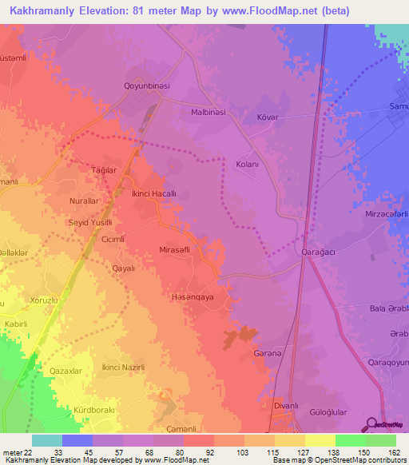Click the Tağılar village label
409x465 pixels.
pos(104,170)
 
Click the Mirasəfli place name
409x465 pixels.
pos(178,249)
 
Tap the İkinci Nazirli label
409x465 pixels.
pos(122,367)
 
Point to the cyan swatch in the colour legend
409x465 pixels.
pos(46,440)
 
